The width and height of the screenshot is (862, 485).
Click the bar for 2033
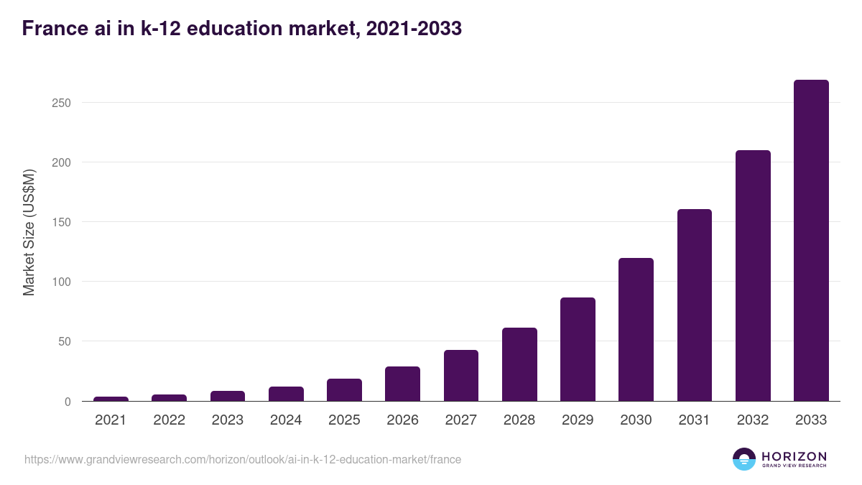[x=811, y=241]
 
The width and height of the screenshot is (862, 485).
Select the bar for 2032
[x=753, y=276]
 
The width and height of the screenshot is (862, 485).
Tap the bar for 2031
[x=695, y=305]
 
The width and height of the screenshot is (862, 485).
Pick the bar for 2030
[x=636, y=330]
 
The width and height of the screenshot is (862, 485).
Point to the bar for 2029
[x=578, y=349]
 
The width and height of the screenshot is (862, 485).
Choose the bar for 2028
[x=519, y=364]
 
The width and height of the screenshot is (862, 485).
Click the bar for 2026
[x=402, y=384]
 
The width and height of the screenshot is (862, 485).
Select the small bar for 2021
[x=111, y=399]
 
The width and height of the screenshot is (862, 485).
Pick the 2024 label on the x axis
[x=286, y=420]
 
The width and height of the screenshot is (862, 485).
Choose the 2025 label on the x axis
[x=344, y=420]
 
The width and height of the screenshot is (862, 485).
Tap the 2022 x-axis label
[x=169, y=420]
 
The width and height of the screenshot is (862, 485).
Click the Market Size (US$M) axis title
[x=29, y=232]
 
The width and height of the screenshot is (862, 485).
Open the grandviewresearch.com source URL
[x=243, y=459]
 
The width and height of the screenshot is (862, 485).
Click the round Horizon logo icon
[x=744, y=459]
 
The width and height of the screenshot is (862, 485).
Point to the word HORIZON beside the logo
[x=794, y=456]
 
